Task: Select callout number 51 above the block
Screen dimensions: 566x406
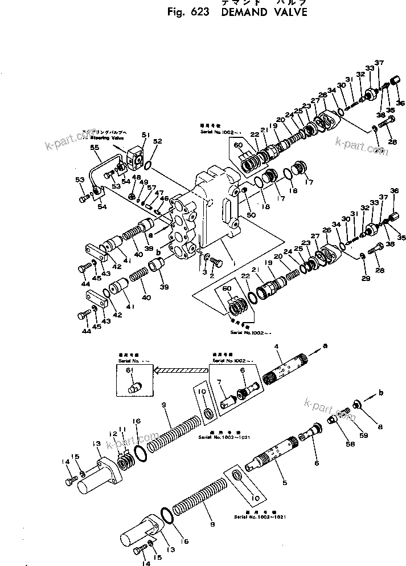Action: coord(146,135)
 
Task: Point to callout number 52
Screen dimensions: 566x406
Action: coord(157,141)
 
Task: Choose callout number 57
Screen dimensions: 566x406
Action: coord(150,188)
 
